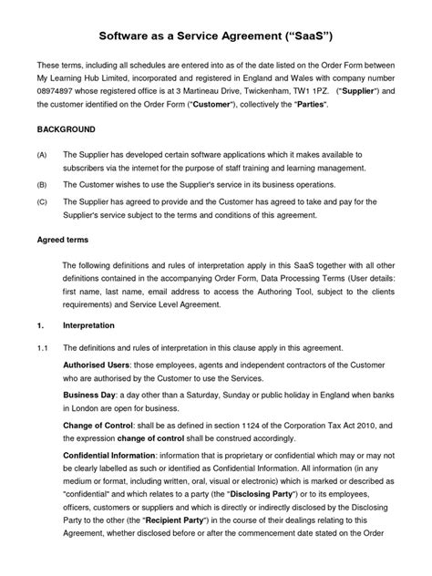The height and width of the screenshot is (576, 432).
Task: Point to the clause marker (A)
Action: [x=42, y=156]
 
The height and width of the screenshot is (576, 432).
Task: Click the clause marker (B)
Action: [x=42, y=185]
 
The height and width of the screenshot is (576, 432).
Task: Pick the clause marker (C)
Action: [x=42, y=201]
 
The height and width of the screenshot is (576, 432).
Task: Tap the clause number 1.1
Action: [x=42, y=348]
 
